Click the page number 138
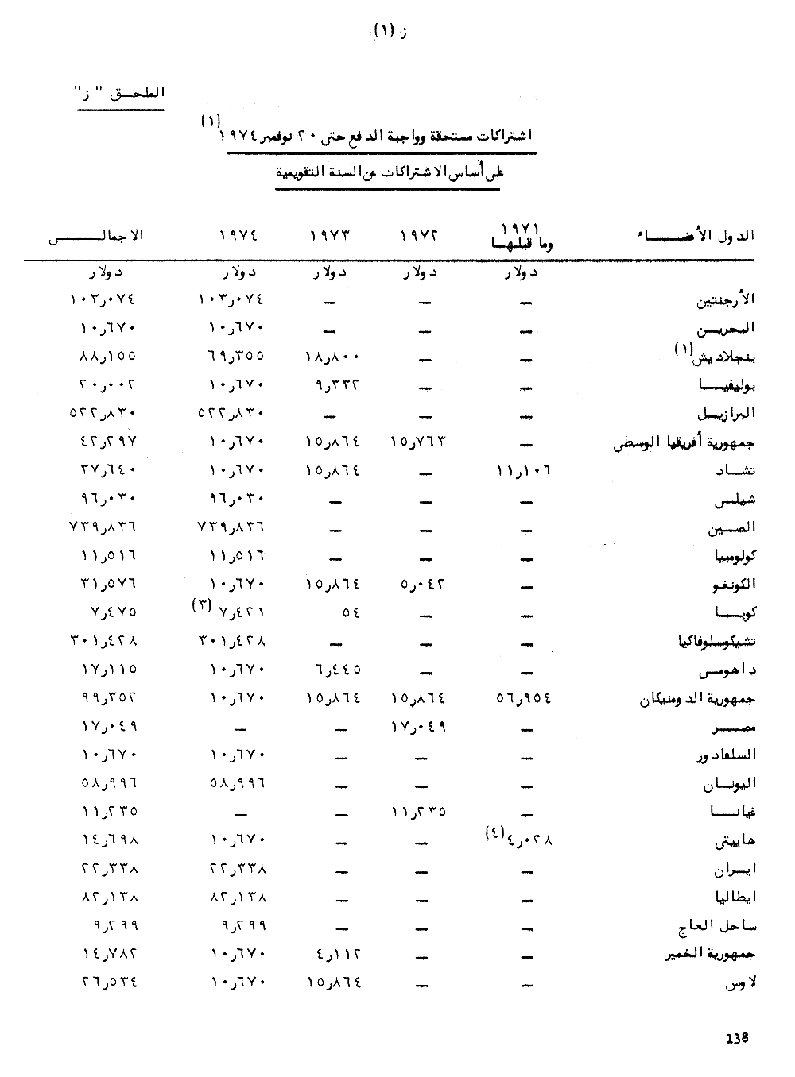(738, 1037)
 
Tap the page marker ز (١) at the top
(390, 31)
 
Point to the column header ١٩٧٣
(329, 236)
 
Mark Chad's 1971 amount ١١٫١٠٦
(523, 470)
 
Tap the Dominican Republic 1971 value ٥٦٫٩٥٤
(523, 698)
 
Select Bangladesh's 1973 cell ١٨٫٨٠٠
(333, 357)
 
